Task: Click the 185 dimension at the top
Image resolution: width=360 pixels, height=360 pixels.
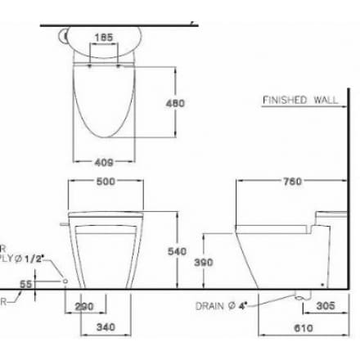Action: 102,37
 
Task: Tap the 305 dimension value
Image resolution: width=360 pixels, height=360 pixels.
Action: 326,305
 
